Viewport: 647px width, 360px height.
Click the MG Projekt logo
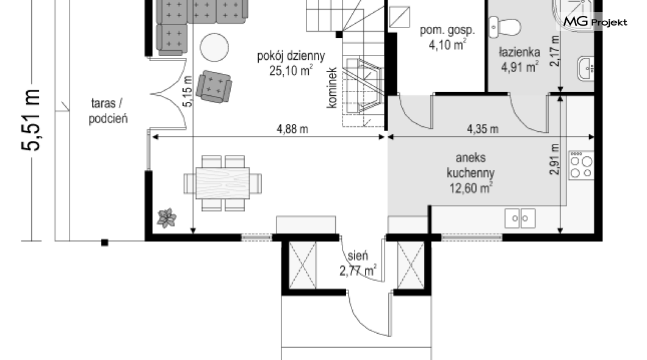point(595,21)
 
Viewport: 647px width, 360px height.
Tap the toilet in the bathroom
point(504,27)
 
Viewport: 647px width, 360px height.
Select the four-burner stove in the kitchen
point(581,165)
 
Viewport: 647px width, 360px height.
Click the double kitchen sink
point(520,218)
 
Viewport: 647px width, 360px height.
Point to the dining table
point(223,183)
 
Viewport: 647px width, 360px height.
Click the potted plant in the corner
point(167,218)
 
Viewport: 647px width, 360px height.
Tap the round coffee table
point(214,48)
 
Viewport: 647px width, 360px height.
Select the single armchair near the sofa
point(214,87)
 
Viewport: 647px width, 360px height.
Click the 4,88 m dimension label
point(292,129)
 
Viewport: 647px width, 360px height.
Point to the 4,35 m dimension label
point(482,129)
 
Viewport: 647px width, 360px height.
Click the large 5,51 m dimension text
point(31,120)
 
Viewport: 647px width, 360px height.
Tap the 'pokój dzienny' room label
point(291,56)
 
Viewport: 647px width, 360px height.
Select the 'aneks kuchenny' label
point(471,165)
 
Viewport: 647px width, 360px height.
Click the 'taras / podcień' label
point(108,111)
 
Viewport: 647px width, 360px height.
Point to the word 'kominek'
point(332,88)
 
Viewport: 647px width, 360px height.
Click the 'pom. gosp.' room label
point(447,30)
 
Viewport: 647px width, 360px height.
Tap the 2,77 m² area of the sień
point(358,271)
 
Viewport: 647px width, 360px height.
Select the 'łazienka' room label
point(519,52)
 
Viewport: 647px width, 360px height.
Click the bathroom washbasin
point(586,68)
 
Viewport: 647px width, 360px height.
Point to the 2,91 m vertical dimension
point(555,159)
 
